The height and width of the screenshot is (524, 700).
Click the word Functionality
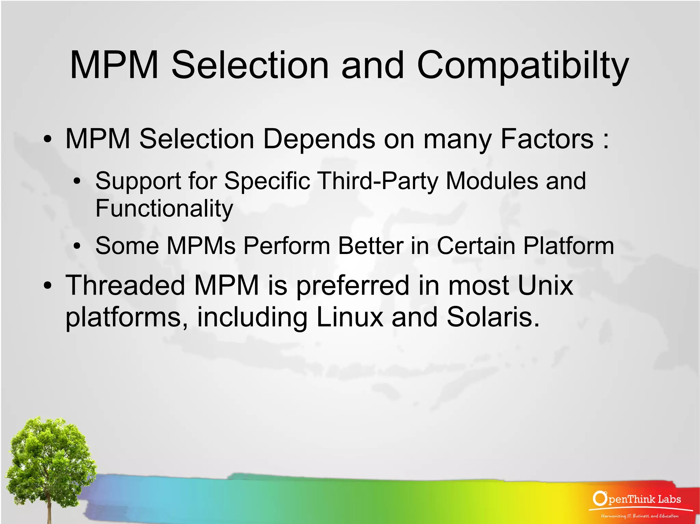pos(164,208)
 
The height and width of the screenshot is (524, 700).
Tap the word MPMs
pos(201,245)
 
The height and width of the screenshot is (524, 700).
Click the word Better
pos(371,245)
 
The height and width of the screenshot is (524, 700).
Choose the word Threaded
pos(125,285)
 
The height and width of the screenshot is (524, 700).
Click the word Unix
pos(545,285)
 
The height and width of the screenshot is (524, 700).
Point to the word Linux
pos(350,317)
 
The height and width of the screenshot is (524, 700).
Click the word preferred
pos(352,286)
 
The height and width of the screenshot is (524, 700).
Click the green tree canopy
pos(48,451)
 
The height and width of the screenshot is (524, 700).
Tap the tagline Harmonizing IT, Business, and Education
pos(640,516)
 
